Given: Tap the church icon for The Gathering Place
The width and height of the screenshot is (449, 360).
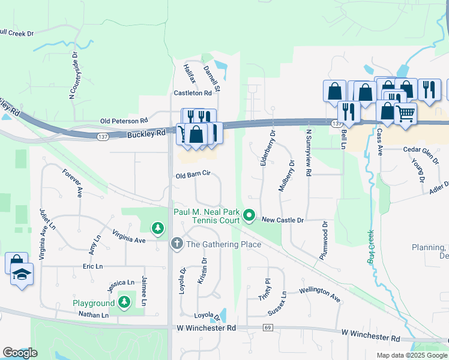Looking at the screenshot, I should click(x=176, y=244).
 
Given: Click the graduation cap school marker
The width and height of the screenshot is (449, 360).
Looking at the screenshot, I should click(x=22, y=276).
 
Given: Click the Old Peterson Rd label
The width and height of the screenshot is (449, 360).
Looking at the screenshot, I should click(x=124, y=121).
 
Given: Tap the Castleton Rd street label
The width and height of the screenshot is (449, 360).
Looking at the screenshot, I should click(x=193, y=93).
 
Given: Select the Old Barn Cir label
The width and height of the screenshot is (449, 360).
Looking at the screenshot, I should click(x=192, y=175).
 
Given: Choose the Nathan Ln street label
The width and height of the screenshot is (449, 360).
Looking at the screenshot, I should click(x=93, y=314).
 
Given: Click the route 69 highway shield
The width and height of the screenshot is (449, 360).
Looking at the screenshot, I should click(x=268, y=328).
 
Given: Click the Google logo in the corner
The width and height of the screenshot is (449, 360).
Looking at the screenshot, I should click(x=20, y=353).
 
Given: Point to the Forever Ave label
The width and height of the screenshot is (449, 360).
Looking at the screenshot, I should click(x=72, y=183).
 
